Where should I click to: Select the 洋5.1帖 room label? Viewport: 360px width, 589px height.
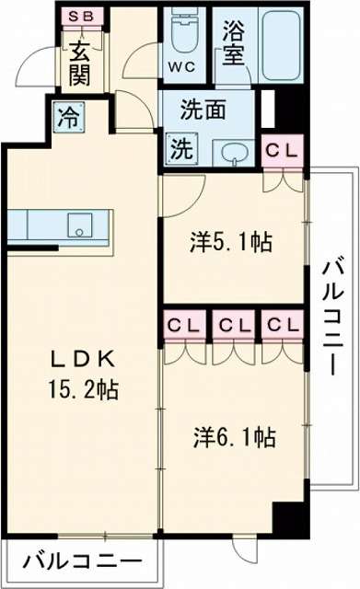(230, 244)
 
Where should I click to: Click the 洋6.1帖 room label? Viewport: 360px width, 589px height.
(234, 434)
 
